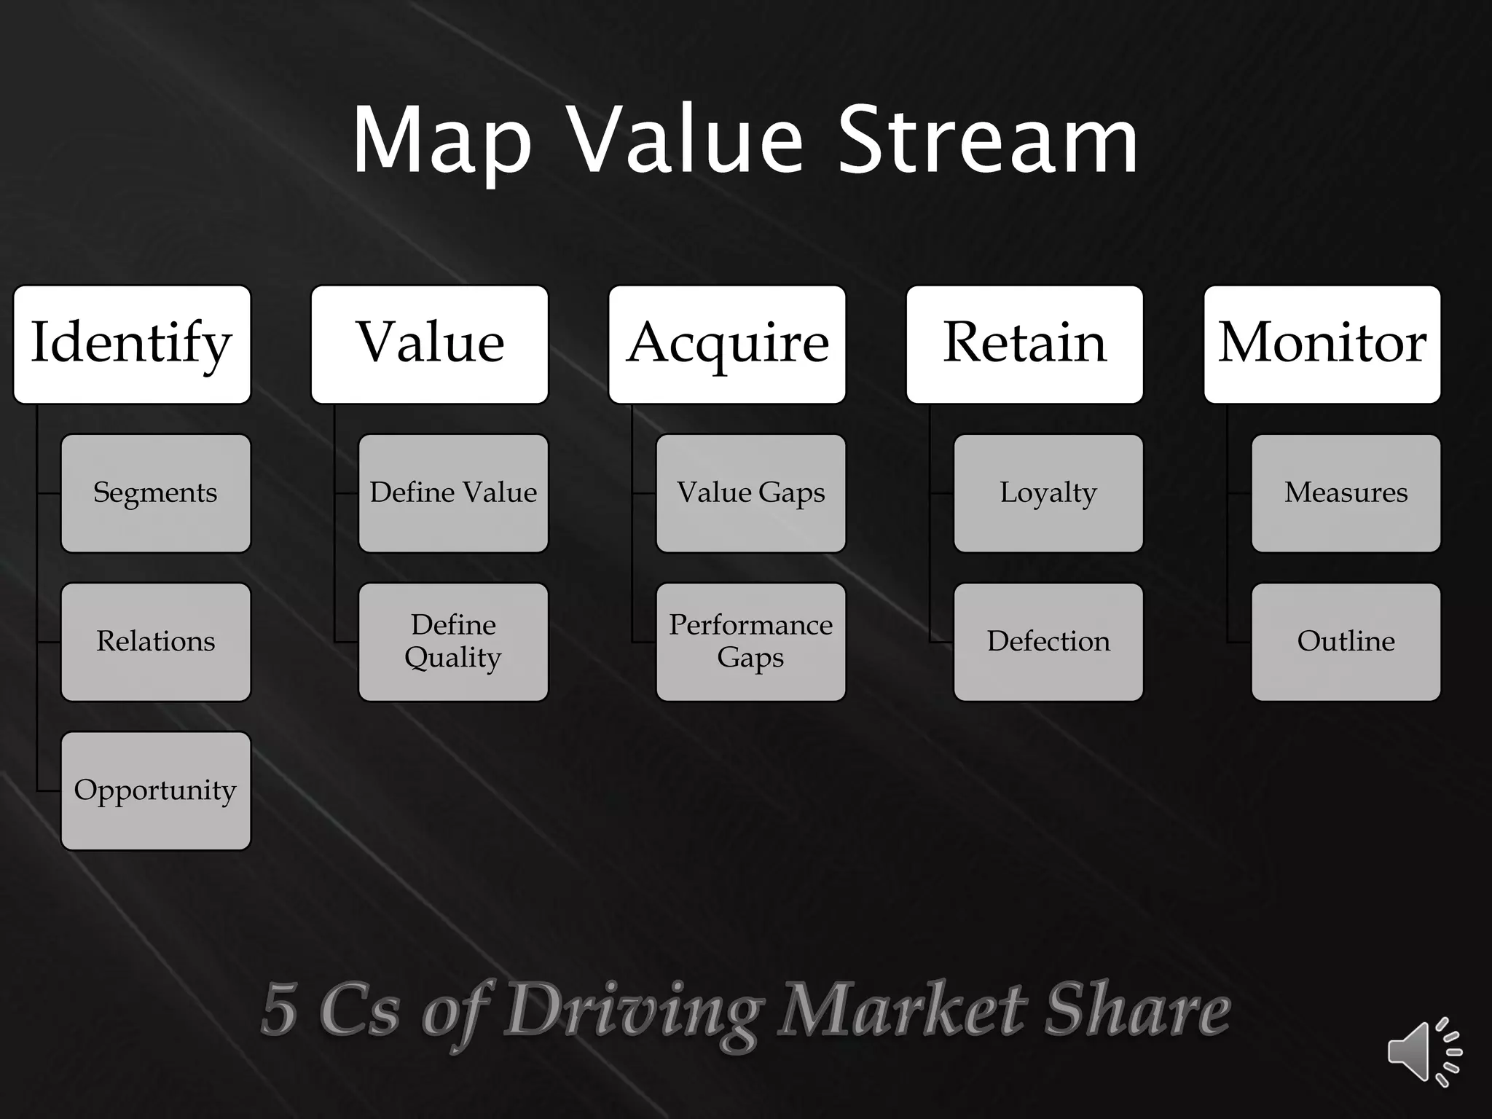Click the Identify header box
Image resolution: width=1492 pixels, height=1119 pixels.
(x=132, y=344)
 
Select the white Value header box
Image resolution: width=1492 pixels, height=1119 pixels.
(x=430, y=344)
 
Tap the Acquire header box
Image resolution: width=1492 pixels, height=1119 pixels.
(x=727, y=344)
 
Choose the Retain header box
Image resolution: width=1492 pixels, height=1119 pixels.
(x=1025, y=344)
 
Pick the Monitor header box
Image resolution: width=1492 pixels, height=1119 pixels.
(x=1322, y=344)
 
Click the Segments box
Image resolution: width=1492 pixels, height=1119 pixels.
(x=156, y=493)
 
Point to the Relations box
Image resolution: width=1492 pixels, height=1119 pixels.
(x=156, y=642)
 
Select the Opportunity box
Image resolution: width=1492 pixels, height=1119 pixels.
(x=156, y=790)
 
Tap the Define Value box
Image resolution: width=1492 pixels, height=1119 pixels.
(x=453, y=493)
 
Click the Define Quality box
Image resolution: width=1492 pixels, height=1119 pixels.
(x=453, y=642)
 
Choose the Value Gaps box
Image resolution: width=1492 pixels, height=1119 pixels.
(x=751, y=493)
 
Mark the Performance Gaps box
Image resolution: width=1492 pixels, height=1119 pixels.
(x=751, y=642)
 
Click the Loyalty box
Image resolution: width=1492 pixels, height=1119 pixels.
(x=1048, y=493)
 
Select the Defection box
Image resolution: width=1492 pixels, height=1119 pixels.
(x=1048, y=642)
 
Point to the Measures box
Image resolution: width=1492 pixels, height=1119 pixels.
(x=1346, y=493)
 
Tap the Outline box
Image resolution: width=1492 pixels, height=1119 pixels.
(x=1346, y=642)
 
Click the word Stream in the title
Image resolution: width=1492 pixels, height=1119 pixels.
(x=989, y=140)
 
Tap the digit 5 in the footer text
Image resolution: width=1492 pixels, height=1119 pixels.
(x=280, y=1010)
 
